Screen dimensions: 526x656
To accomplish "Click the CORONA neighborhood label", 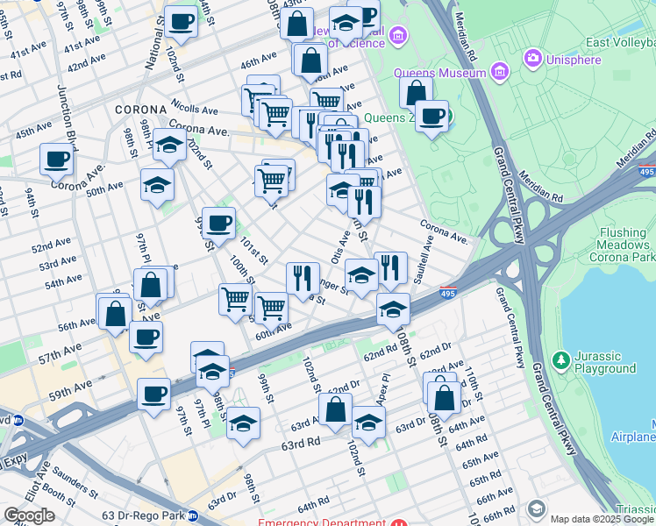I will tap(134, 110).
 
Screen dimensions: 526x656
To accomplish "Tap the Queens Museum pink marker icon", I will tap(501, 71).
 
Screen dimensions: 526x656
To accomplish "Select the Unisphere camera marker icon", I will tap(532, 59).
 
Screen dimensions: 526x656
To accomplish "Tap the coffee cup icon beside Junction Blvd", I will tap(57, 160).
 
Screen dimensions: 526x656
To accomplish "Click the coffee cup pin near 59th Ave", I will tap(153, 394).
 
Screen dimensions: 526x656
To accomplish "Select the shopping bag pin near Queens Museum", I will tap(416, 91).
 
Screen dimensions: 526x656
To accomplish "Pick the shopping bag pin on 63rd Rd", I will tap(335, 409).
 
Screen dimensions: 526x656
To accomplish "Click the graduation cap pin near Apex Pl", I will tap(368, 422).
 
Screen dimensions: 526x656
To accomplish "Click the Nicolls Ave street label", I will tap(195, 111).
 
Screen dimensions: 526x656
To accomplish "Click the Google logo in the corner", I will tap(29, 515).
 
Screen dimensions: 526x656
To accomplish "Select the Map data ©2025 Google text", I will tap(602, 519).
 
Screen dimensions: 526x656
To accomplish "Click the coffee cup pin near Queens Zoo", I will tap(431, 116).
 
